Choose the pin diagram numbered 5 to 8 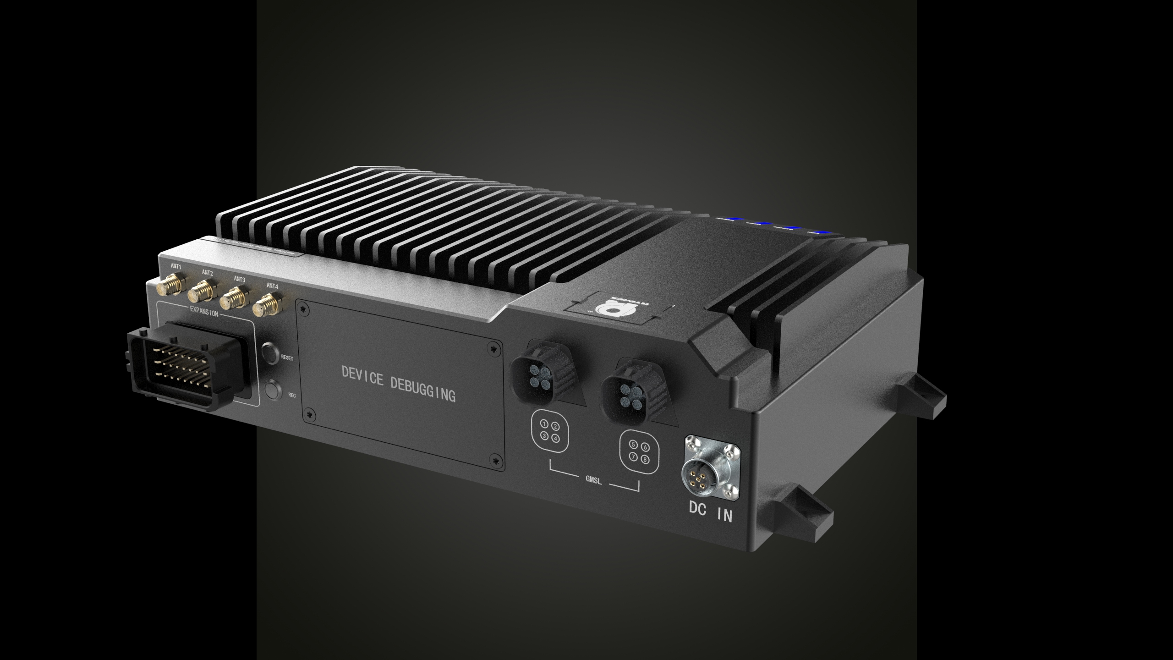tap(639, 451)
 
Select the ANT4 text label tap(272, 286)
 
